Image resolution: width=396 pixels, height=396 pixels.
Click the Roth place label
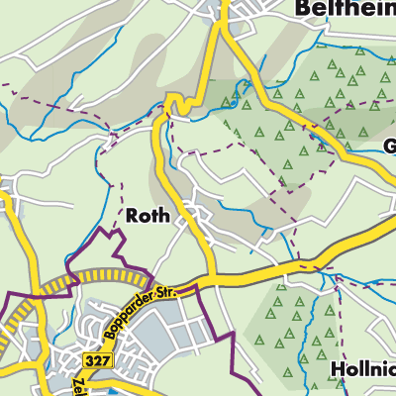(x=148, y=215)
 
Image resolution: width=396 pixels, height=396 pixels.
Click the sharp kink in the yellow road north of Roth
(x=174, y=102)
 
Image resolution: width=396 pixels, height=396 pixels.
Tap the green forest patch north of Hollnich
(x=287, y=317)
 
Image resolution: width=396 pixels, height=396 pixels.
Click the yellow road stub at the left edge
(x=5, y=203)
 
